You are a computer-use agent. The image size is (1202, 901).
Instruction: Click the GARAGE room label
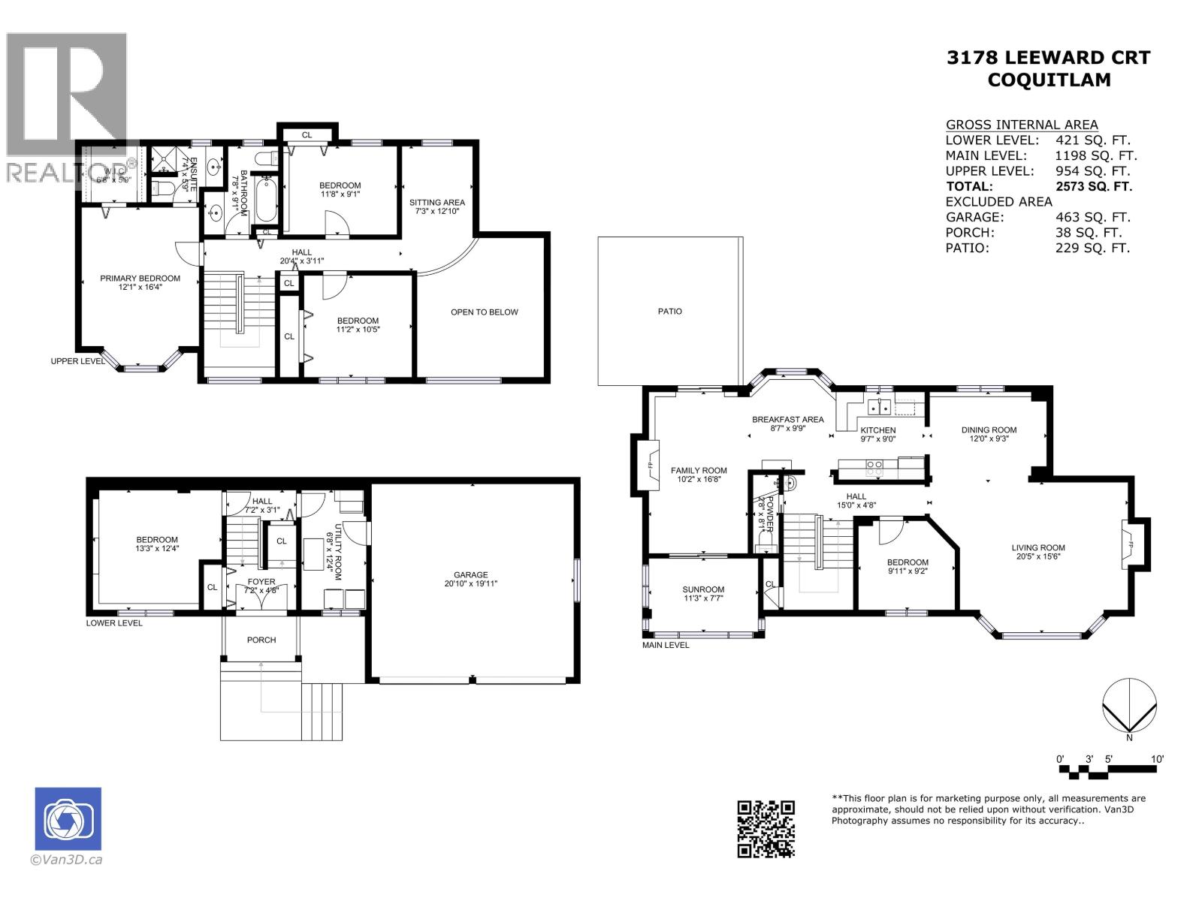click(471, 575)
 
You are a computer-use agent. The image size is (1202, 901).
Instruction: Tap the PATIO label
click(669, 311)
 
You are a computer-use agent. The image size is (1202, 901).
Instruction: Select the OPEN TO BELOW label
click(484, 312)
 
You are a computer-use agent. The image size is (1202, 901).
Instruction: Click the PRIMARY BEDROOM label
click(140, 279)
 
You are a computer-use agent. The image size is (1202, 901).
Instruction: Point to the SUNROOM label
click(703, 589)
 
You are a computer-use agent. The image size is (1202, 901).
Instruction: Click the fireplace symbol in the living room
click(1128, 544)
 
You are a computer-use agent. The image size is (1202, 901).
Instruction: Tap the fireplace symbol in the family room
click(649, 466)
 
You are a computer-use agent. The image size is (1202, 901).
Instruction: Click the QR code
click(766, 828)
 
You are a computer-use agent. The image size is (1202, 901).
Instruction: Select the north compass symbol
click(1128, 706)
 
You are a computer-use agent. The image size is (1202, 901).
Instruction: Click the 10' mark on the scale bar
click(1157, 759)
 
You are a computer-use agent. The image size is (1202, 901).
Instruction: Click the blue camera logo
click(68, 818)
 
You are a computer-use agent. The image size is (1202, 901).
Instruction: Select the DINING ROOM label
click(988, 430)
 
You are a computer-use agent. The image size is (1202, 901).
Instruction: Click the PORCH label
click(261, 640)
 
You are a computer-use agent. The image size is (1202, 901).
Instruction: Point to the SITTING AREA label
click(436, 202)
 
